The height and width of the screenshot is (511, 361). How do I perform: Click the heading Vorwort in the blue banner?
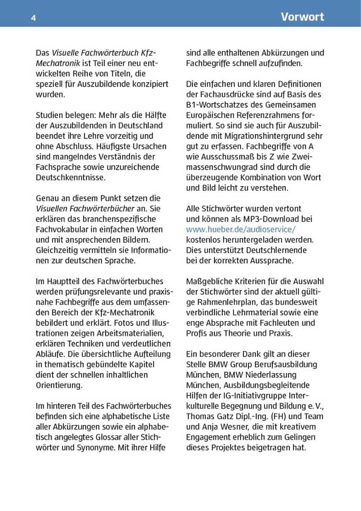click(302, 17)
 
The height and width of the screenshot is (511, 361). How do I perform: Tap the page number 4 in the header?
click(34, 18)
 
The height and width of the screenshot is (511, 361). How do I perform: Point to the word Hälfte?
click(149, 115)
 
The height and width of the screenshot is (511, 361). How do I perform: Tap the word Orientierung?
click(59, 386)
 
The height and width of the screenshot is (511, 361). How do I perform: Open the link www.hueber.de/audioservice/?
click(241, 229)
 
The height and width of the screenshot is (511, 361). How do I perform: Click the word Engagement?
click(209, 438)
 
